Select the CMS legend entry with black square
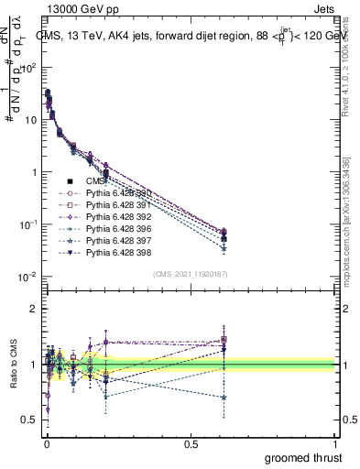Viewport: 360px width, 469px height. (94, 181)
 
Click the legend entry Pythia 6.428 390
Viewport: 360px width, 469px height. (113, 193)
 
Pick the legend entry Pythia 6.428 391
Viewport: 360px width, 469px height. (113, 205)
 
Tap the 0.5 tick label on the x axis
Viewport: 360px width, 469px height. (191, 443)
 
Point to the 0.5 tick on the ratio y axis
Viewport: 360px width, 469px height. (29, 420)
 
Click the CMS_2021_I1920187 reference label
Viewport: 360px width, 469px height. (190, 272)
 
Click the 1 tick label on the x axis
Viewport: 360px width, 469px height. (336, 443)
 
